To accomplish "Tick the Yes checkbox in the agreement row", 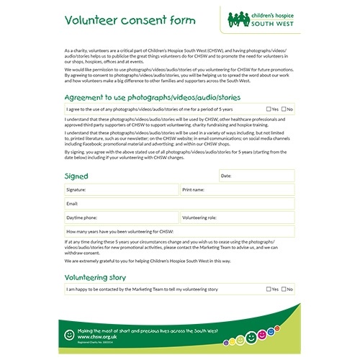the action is coord(268,109).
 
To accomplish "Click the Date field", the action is coord(256,176).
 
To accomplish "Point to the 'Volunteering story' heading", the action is coord(96,277).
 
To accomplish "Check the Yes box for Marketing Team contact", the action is coord(268,289).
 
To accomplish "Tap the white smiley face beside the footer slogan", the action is coord(70,333).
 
